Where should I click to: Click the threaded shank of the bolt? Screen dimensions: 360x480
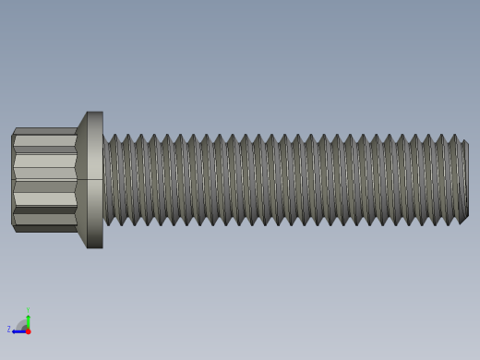point(277,180)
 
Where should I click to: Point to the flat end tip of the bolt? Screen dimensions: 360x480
point(465,180)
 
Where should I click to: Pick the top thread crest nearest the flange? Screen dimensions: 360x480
point(114,137)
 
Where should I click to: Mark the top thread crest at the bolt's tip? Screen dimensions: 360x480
point(453,137)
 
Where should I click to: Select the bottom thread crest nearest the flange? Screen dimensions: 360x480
point(109,222)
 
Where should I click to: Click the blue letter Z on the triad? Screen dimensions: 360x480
point(9,329)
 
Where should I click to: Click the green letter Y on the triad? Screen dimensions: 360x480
point(28,311)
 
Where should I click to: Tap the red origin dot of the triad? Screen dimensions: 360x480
point(28,330)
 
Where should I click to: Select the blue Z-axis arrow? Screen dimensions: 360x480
point(18,330)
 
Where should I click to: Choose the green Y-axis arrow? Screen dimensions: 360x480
point(28,320)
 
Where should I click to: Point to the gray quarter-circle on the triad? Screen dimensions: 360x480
point(22,325)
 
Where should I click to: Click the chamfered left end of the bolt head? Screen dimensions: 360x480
point(13,180)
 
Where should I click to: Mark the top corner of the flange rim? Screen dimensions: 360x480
point(95,113)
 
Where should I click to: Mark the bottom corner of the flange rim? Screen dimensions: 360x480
point(95,247)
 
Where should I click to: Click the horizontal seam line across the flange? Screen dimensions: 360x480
point(92,179)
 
